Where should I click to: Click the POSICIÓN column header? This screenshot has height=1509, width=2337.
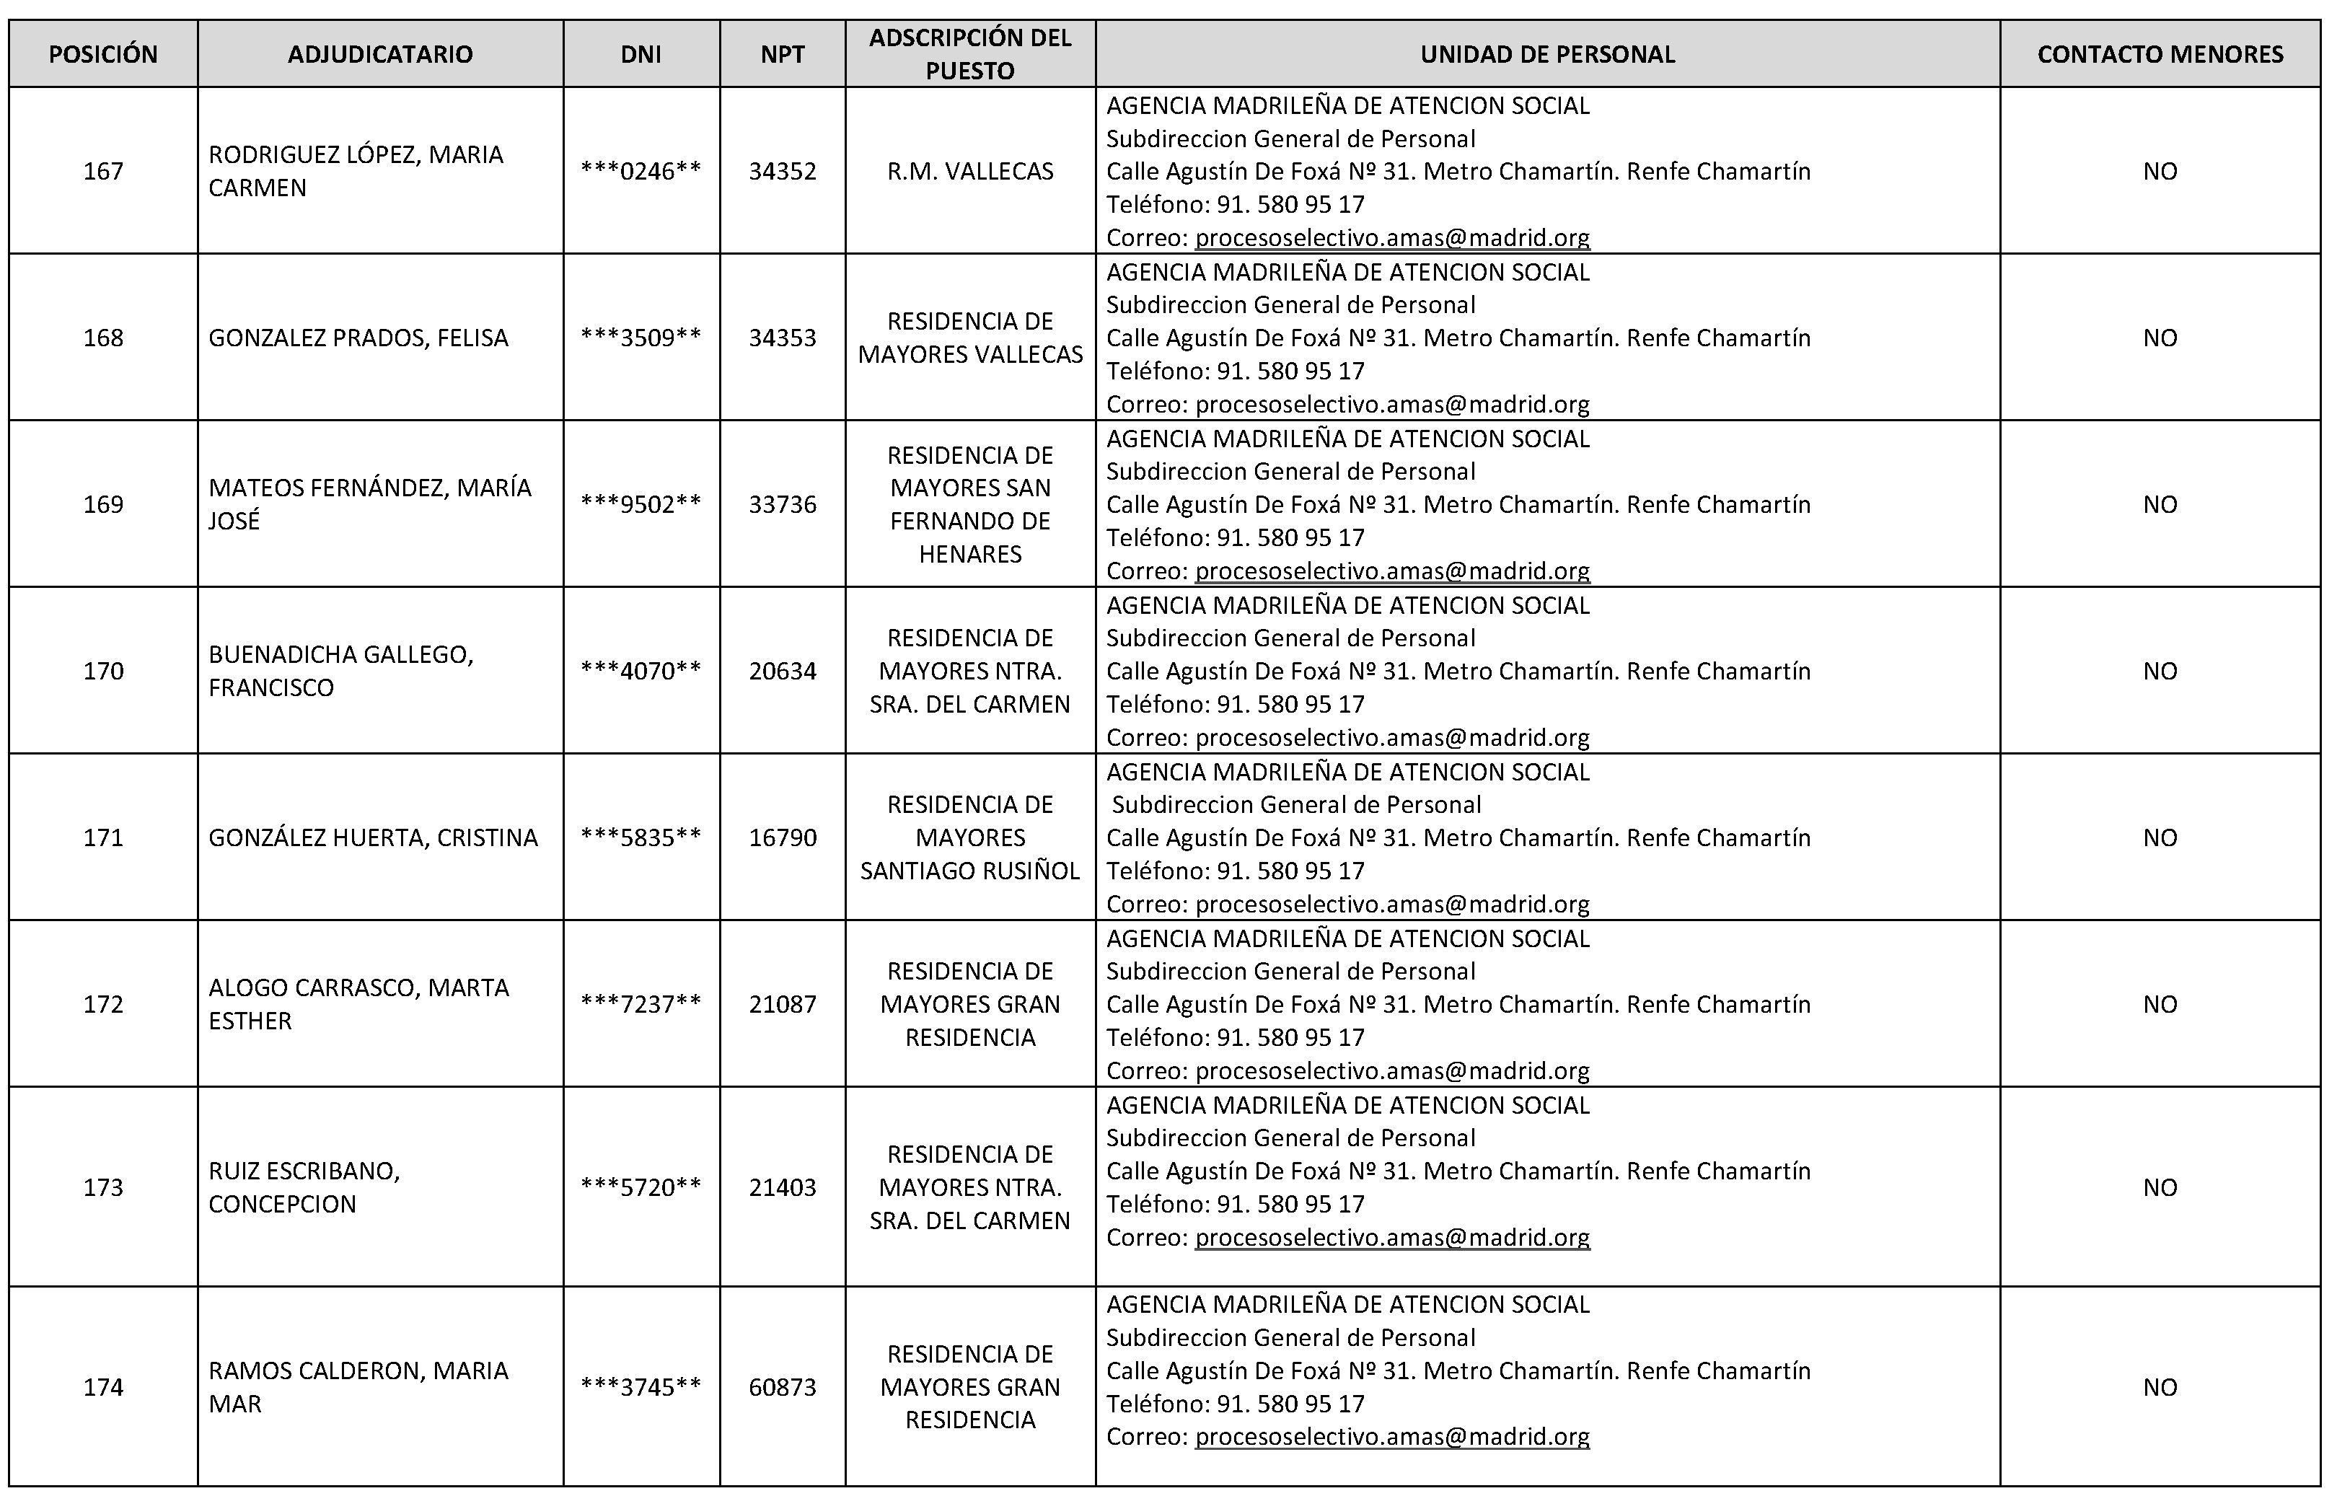tap(103, 55)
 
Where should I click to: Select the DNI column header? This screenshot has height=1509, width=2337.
tap(641, 55)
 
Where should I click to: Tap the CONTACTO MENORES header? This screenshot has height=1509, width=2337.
tap(2160, 55)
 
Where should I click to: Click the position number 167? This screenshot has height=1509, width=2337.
tap(103, 172)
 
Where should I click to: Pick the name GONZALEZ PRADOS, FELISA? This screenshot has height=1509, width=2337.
tap(358, 338)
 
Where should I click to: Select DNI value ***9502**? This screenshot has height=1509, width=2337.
tap(641, 505)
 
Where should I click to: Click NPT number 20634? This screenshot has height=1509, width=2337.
tap(782, 672)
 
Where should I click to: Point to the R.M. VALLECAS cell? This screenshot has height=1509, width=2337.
tap(970, 172)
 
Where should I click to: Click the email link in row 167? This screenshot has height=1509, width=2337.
tap(1392, 238)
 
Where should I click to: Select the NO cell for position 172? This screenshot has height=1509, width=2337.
tap(2160, 1004)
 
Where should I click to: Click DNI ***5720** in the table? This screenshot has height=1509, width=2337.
tap(641, 1187)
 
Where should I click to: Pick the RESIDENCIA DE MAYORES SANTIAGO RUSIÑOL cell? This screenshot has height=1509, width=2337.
tap(970, 837)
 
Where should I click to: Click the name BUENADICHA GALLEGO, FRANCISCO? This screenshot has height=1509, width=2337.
tap(341, 672)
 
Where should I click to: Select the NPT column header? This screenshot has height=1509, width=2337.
tap(782, 55)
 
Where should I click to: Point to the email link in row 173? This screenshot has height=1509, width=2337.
tap(1392, 1238)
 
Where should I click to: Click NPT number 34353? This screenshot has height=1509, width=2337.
tap(782, 338)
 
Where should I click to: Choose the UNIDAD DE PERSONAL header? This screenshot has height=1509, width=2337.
tap(1547, 55)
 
